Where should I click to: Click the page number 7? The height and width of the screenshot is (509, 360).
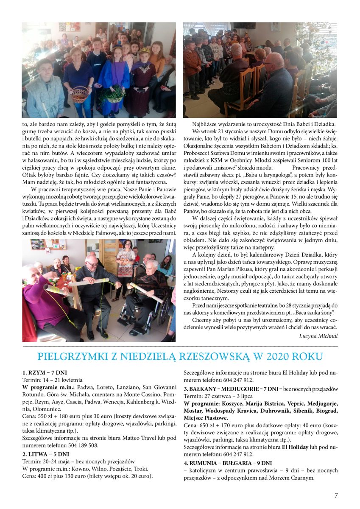(x=336, y=495)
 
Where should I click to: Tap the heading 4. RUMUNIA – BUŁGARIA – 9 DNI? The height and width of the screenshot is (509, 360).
(x=228, y=462)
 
